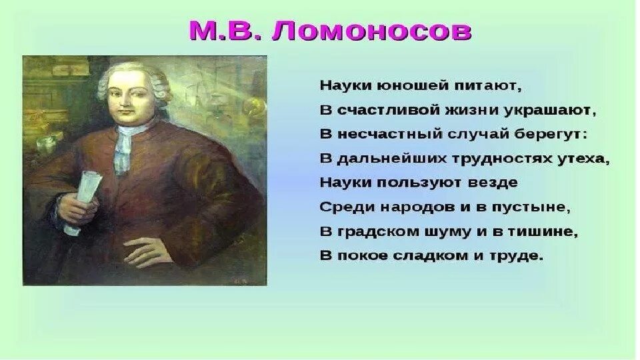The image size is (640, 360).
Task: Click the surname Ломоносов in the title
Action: [371, 31]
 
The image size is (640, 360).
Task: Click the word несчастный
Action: [385, 134]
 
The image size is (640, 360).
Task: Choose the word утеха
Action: [585, 159]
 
